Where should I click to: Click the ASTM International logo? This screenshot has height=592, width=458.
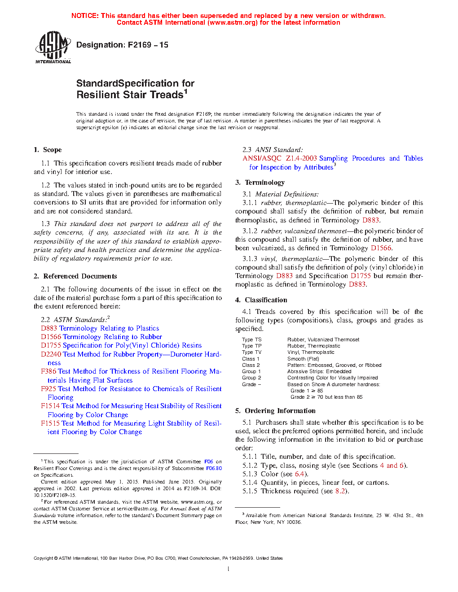(x=53, y=47)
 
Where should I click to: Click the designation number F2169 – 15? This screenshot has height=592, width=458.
(x=148, y=45)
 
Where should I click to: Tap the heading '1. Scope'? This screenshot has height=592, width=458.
(x=48, y=150)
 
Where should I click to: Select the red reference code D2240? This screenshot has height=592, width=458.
(x=51, y=354)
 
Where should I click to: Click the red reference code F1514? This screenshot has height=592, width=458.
(x=50, y=406)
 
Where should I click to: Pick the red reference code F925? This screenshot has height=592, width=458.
(x=48, y=389)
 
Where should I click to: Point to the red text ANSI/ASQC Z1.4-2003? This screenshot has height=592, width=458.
(x=280, y=158)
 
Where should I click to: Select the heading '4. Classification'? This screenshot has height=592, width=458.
(x=261, y=300)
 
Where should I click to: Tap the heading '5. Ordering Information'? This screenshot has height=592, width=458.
(x=275, y=411)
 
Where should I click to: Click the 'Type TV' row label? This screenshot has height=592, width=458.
(x=251, y=353)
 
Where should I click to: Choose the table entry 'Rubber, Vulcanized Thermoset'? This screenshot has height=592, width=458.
(x=323, y=340)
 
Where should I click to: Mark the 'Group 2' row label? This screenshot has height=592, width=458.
(x=251, y=378)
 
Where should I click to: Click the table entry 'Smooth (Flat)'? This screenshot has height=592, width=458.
(x=303, y=359)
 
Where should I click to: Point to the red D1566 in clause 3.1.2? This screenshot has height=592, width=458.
(x=381, y=248)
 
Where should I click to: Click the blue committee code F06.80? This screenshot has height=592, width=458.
(x=214, y=468)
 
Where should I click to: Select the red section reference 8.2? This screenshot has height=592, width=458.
(x=340, y=491)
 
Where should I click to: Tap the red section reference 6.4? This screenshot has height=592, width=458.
(x=299, y=474)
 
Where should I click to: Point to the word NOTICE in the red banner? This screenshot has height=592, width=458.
(x=84, y=16)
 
